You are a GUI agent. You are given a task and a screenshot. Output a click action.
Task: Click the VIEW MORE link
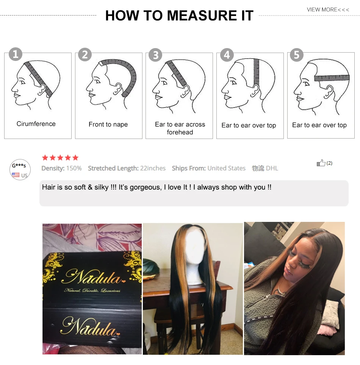tap(328, 9)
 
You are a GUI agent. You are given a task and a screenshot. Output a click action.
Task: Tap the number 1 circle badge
tap(16, 54)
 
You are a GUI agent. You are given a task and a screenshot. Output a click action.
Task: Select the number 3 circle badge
tap(155, 55)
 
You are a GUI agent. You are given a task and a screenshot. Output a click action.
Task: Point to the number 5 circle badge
tap(297, 55)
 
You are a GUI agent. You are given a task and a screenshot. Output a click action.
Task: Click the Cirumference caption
tap(36, 124)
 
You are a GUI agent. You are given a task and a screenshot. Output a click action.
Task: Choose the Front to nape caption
tap(108, 124)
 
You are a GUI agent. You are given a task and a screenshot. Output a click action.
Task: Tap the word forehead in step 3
tap(180, 132)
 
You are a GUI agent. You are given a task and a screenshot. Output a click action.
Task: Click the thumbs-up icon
tap(321, 163)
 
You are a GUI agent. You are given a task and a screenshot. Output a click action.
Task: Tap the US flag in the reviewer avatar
tap(16, 175)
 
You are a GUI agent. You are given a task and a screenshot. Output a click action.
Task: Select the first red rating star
tap(45, 158)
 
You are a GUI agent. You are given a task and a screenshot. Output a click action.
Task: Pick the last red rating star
tap(75, 158)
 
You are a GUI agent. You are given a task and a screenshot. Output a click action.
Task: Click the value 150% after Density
tap(74, 168)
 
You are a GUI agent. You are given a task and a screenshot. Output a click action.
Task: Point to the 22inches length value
tap(153, 168)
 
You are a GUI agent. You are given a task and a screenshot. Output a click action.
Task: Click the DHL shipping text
tap(272, 168)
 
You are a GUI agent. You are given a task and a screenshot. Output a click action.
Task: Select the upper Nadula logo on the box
tap(93, 277)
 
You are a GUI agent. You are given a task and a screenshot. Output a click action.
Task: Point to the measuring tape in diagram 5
tap(332, 78)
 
